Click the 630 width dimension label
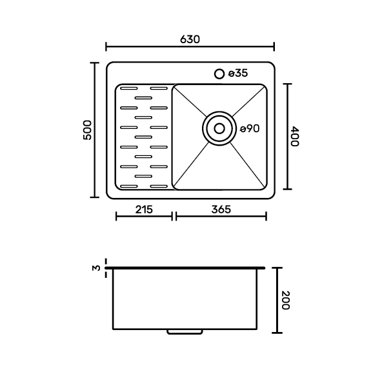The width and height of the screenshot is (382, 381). coord(190,39)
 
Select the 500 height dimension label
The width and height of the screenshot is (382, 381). coord(88,130)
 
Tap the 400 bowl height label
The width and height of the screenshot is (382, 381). coord(295,136)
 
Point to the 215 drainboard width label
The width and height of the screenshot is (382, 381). coord(144,210)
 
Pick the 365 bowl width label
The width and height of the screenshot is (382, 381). coord(221,210)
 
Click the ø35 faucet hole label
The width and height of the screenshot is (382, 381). coord(238,73)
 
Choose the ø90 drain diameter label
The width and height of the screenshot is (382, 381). coord(250,128)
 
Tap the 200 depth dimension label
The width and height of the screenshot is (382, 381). coord(285,300)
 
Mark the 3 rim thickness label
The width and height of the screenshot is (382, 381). coord(97,268)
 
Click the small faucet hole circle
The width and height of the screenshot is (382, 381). coord(219,73)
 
